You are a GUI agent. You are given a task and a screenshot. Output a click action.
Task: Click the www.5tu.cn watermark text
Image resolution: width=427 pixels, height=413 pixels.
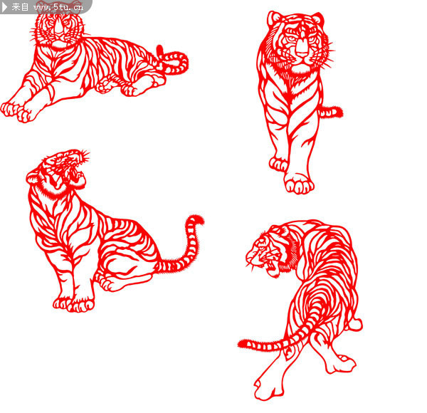58,6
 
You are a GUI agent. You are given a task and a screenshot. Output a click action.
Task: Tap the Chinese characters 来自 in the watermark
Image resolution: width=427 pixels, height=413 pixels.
20,7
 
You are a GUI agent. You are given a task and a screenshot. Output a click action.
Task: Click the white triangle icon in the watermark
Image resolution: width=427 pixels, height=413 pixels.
5,7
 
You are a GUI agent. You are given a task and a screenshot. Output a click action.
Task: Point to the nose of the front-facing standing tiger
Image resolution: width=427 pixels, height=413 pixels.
302,49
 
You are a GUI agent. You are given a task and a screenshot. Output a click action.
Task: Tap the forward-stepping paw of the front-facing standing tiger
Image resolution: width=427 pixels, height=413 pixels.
298,184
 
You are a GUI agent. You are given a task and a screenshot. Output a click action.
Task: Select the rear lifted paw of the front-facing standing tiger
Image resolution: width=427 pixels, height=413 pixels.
278,164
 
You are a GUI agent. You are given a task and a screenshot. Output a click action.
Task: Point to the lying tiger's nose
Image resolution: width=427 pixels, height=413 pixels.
59,29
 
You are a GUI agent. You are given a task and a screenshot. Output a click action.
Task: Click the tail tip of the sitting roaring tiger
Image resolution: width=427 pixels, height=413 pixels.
196,219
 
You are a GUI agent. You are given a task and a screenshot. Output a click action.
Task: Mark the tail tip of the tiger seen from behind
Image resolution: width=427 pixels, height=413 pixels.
243,343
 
